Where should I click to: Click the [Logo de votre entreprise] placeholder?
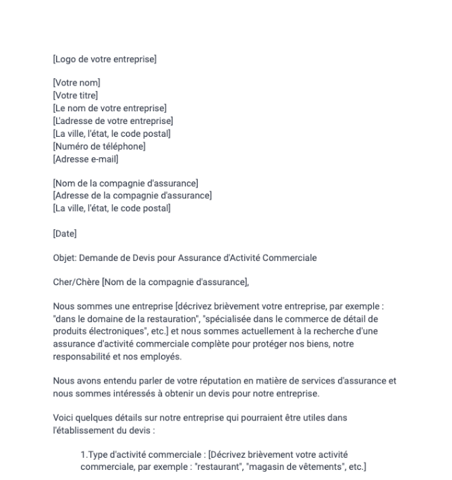pos(105,60)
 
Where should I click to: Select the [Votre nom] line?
pos(76,83)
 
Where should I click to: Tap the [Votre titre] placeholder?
pos(76,95)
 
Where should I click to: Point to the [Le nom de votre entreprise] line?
pos(109,108)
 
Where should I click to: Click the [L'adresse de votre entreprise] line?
pos(113,121)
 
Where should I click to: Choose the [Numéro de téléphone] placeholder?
pos(98,146)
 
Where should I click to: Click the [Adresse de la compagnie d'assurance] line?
pos(132,196)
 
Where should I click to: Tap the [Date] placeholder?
pos(65,233)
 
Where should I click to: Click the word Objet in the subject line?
pos(65,258)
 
